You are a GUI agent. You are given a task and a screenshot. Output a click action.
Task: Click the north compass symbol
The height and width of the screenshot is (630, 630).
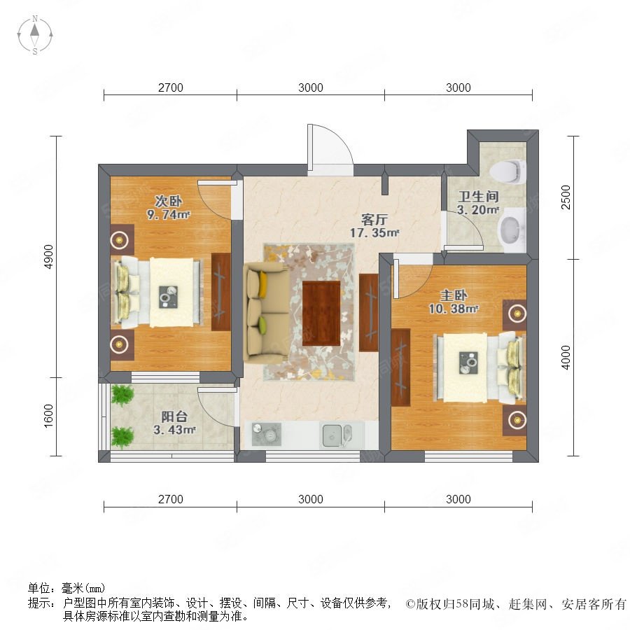coord(35,35)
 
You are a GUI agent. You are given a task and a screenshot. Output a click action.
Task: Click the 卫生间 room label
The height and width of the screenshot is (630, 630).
coord(479,197)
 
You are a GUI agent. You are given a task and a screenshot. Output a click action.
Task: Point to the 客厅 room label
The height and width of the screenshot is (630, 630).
coord(374,219)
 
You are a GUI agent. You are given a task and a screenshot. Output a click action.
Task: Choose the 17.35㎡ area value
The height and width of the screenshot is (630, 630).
coord(374,232)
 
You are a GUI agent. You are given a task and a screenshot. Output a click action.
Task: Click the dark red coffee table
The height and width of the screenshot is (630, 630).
coord(321,314)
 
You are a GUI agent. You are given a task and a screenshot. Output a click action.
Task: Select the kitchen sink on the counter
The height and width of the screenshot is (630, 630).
coord(337,435)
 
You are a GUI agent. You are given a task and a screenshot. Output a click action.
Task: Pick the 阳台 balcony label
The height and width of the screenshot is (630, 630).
coord(174,416)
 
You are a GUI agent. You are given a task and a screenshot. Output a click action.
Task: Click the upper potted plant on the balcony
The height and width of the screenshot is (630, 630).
coord(122,395)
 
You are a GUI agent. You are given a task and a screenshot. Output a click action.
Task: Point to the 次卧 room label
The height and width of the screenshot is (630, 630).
coord(169,201)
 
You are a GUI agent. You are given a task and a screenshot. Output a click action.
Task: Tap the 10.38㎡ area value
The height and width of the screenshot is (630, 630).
coord(453,309)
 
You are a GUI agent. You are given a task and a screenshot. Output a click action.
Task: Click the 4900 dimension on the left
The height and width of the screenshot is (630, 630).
coord(48,256)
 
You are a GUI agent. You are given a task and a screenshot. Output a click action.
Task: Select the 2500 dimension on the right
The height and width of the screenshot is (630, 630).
coord(566,197)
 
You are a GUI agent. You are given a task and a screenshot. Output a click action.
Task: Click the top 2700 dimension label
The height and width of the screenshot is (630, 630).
coord(170,87)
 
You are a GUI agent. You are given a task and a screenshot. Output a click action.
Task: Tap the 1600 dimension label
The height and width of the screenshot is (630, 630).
coord(48,416)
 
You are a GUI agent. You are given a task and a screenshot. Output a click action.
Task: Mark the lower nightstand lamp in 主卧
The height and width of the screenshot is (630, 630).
coord(515,420)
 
